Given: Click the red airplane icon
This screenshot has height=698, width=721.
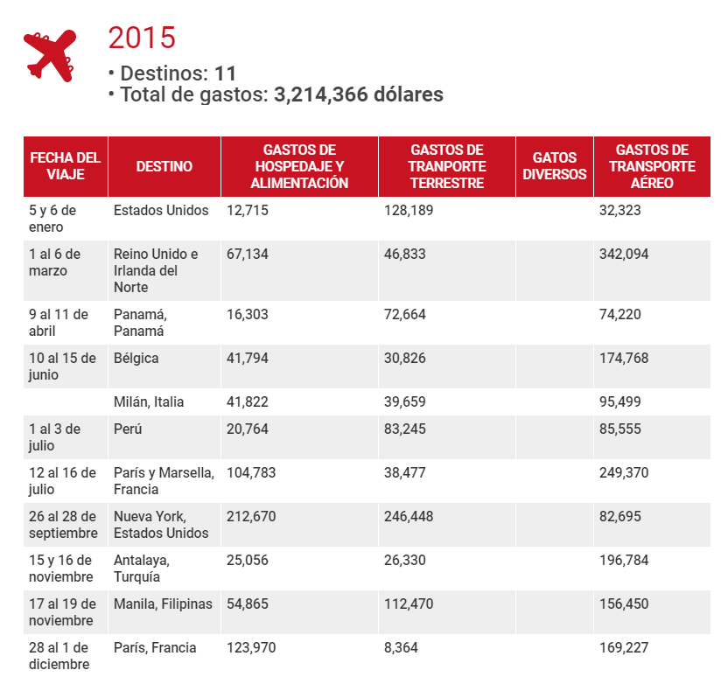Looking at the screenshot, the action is pyautogui.click(x=50, y=56).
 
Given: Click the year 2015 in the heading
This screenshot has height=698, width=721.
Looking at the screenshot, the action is pyautogui.click(x=142, y=38).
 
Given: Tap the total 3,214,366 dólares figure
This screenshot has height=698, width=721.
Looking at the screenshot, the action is pyautogui.click(x=359, y=94).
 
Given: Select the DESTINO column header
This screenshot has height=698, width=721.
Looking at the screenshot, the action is pyautogui.click(x=164, y=166).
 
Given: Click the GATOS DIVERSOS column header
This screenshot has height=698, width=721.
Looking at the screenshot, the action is pyautogui.click(x=555, y=166).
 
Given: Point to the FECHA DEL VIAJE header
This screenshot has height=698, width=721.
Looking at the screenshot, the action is pyautogui.click(x=66, y=166).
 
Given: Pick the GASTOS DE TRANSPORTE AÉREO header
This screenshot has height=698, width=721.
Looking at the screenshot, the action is pyautogui.click(x=652, y=166).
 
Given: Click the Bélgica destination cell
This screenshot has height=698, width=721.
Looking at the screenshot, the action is pyautogui.click(x=136, y=358).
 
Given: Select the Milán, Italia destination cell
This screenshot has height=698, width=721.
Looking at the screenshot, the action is pyautogui.click(x=149, y=402).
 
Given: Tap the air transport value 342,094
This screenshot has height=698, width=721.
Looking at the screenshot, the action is pyautogui.click(x=624, y=255).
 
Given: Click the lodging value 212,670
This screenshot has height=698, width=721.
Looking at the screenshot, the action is pyautogui.click(x=251, y=516).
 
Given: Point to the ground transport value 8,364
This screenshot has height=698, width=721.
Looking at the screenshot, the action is pyautogui.click(x=401, y=648).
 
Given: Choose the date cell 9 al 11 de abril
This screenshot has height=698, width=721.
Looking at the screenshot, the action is pyautogui.click(x=59, y=323).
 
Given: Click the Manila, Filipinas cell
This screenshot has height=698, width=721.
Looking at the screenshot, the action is pyautogui.click(x=163, y=604).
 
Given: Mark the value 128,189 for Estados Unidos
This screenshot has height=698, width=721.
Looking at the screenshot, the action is pyautogui.click(x=409, y=211).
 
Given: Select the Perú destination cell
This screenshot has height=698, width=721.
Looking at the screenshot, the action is pyautogui.click(x=128, y=429).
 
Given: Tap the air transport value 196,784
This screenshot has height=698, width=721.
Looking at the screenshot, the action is pyautogui.click(x=624, y=560).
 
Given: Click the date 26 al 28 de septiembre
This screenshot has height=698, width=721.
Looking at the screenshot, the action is pyautogui.click(x=64, y=525).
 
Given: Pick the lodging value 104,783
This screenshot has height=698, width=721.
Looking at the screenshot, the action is pyautogui.click(x=251, y=473).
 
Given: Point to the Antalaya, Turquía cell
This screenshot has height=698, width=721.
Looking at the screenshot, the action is pyautogui.click(x=142, y=569).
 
